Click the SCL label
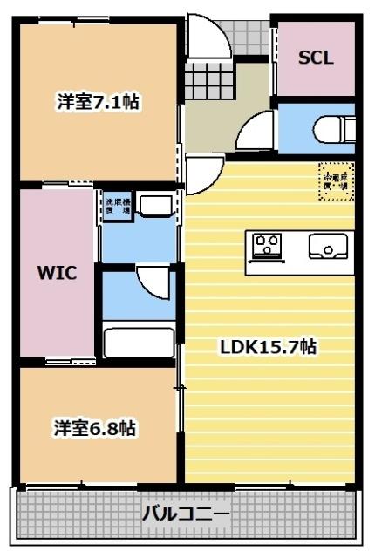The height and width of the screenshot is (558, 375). click(316, 58)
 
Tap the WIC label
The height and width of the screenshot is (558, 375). click(57, 271)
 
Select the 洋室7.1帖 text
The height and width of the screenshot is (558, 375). click(99, 102)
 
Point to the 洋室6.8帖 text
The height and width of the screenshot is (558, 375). click(95, 428)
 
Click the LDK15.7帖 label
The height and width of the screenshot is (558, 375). click(267, 347)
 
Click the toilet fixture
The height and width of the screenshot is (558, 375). click(337, 130)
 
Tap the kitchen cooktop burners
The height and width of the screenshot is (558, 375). click(266, 245)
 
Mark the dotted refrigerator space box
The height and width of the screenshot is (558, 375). click(336, 182)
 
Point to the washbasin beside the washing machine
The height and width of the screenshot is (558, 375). click(156, 207)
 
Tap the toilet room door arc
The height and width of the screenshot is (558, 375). click(256, 133)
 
